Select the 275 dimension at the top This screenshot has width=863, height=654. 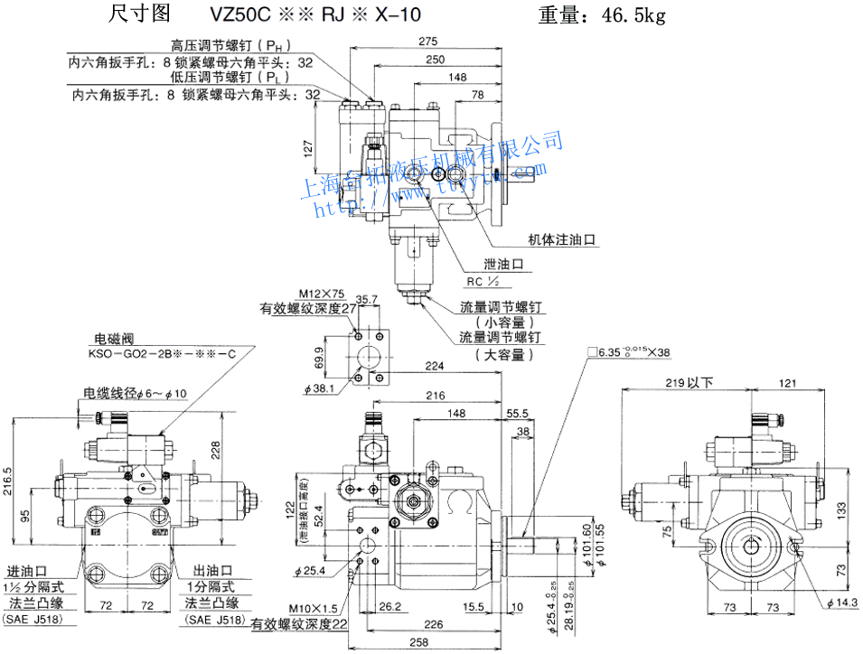pos(428,42)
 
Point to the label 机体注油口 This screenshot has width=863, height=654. pos(564,239)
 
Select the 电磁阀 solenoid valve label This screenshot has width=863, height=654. pos(108,339)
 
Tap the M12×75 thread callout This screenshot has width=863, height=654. pos(323,294)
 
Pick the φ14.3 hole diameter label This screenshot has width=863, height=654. pos(842,603)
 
